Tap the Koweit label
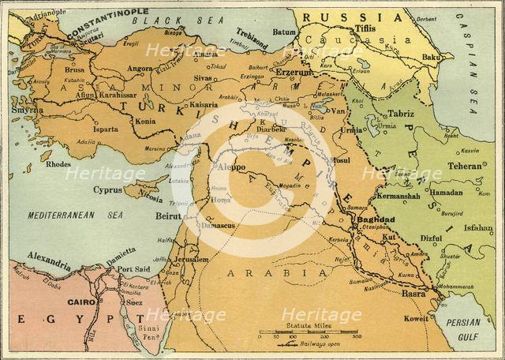coord(418,320)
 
